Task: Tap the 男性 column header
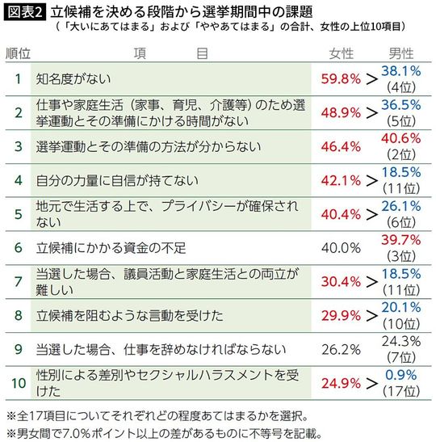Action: (x=400, y=53)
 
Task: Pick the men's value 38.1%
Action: (x=400, y=72)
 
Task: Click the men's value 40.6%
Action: (x=400, y=140)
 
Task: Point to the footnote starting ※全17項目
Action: (x=154, y=416)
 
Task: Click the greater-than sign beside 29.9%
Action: (x=371, y=316)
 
